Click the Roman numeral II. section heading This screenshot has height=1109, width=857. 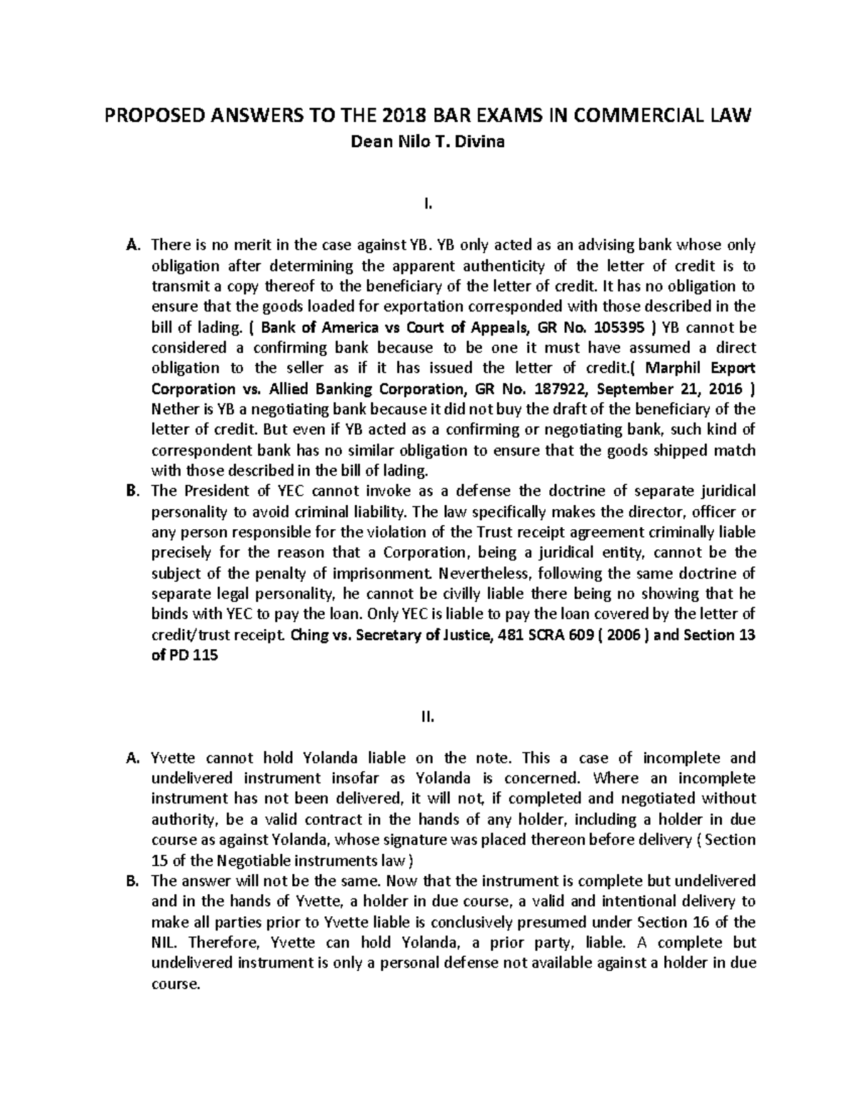[428, 717]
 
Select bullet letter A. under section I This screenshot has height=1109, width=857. [131, 246]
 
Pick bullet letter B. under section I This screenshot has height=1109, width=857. [131, 491]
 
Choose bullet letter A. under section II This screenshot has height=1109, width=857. [131, 758]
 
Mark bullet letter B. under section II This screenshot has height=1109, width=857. [131, 880]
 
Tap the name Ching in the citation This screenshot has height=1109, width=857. [309, 635]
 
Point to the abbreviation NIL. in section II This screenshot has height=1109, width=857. [164, 942]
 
